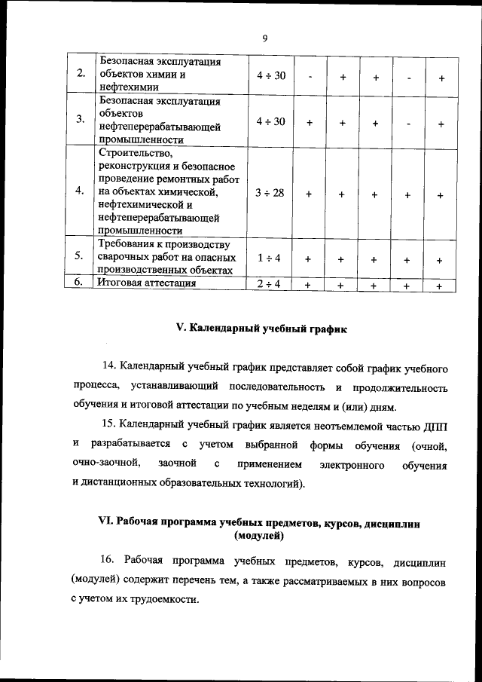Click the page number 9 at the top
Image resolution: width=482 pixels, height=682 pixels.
(x=265, y=39)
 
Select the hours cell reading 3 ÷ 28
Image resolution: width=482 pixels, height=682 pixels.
(x=269, y=194)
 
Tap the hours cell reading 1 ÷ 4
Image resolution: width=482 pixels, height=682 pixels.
(x=269, y=258)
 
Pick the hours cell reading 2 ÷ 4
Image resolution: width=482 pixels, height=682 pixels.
(x=268, y=284)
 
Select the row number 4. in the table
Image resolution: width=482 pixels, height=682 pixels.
(x=81, y=192)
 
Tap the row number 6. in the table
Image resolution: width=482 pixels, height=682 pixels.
(x=80, y=283)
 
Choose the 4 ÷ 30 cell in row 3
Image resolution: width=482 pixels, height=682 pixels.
(x=269, y=121)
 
